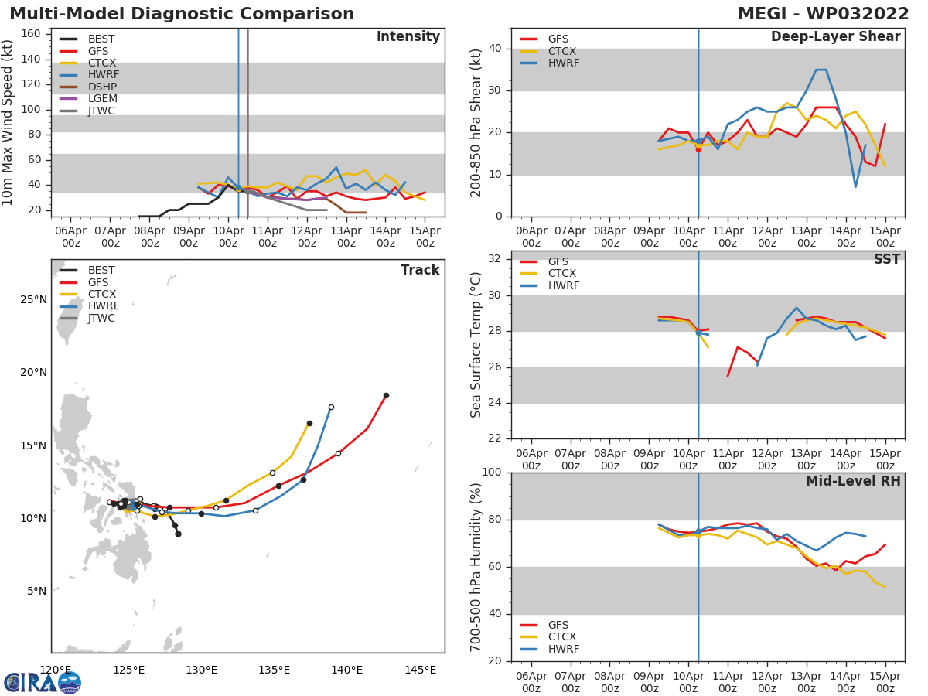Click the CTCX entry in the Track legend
(101, 294)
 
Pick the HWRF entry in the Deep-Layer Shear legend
(563, 63)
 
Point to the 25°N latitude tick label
(33, 299)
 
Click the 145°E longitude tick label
(420, 670)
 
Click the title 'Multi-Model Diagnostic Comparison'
(182, 14)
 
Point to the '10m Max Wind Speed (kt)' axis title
(9, 122)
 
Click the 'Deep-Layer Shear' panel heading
(835, 37)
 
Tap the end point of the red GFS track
(386, 395)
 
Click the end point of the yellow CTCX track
(309, 423)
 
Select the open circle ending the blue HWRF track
(331, 407)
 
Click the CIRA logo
(43, 683)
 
